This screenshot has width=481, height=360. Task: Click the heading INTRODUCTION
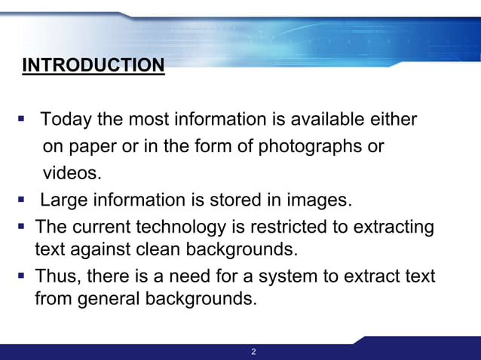(x=93, y=66)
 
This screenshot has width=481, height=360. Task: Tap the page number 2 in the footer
(x=253, y=352)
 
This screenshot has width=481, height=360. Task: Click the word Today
(x=63, y=120)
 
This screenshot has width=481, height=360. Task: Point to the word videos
(x=71, y=173)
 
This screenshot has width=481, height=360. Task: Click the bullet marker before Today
(x=23, y=119)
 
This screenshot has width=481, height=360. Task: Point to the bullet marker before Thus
(x=23, y=276)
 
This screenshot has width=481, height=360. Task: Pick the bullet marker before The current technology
(x=23, y=226)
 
